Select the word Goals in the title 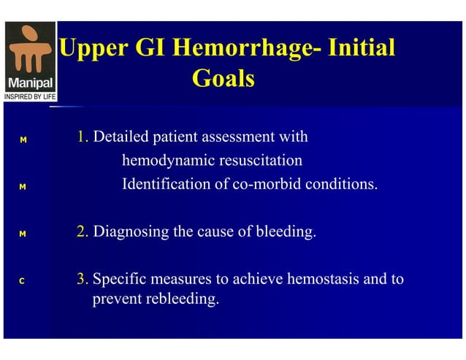pyautogui.click(x=223, y=77)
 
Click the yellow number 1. pyautogui.click(x=83, y=137)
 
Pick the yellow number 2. pyautogui.click(x=83, y=233)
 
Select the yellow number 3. pyautogui.click(x=83, y=280)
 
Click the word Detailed pyautogui.click(x=121, y=137)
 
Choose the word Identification pyautogui.click(x=165, y=183)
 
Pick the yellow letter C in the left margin pyautogui.click(x=23, y=280)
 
